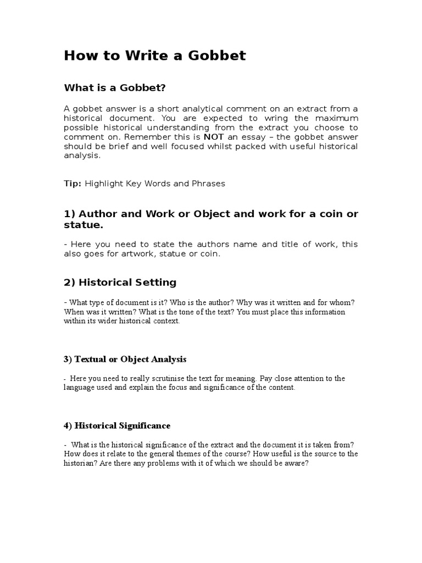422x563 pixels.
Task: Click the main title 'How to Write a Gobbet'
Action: coord(155,56)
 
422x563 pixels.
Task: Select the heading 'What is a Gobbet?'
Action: coord(115,87)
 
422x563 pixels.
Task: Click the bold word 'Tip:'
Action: coord(73,184)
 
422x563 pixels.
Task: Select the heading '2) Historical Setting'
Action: coord(120,283)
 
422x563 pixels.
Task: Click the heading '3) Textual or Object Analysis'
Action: coord(125,360)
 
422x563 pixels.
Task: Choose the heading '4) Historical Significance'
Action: coord(117,426)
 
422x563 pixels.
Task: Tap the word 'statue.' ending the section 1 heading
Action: coord(84,225)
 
